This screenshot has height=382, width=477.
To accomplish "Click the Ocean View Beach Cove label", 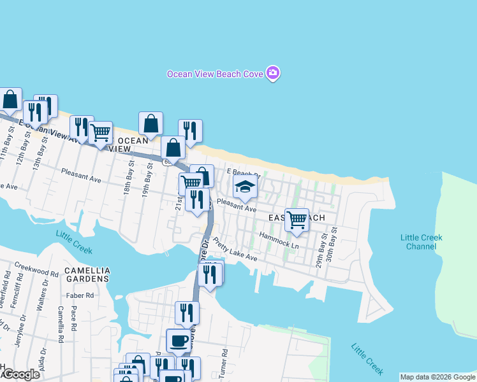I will tap(215, 74).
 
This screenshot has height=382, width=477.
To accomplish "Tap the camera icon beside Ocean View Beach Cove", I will tap(273, 73).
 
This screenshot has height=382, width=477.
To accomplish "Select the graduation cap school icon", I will tap(244, 187).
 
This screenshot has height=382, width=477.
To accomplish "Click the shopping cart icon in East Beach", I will tap(297, 220).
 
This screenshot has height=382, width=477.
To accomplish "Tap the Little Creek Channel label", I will tap(421, 242).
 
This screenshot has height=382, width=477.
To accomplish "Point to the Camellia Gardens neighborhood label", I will tap(87, 274).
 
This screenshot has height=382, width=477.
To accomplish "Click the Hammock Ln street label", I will tap(279, 240).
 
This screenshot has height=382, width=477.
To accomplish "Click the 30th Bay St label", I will tap(330, 246).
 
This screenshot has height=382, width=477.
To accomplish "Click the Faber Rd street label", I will tap(80, 295).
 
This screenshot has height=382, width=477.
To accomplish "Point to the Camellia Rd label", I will tap(60, 325).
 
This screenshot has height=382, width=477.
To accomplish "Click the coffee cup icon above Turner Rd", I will tap(178, 340).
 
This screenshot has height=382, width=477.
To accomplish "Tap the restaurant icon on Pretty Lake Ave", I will tap(210, 274).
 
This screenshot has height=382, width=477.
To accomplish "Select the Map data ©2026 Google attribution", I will tap(437, 377).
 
